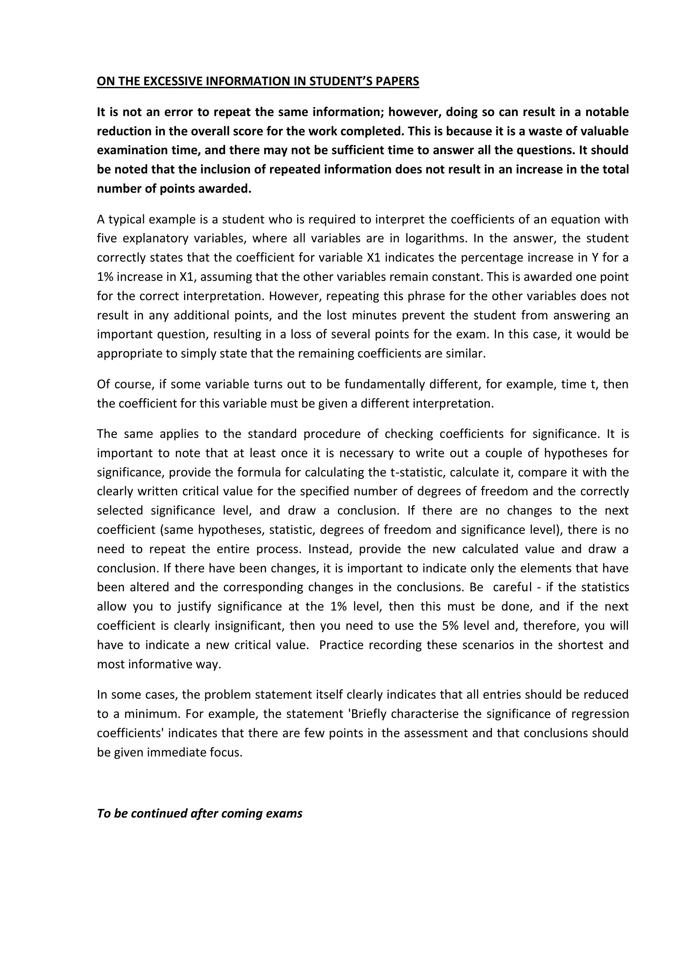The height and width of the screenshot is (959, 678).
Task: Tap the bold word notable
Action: pyautogui.click(x=607, y=112)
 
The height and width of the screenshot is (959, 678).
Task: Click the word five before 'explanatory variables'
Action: pyautogui.click(x=107, y=239)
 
